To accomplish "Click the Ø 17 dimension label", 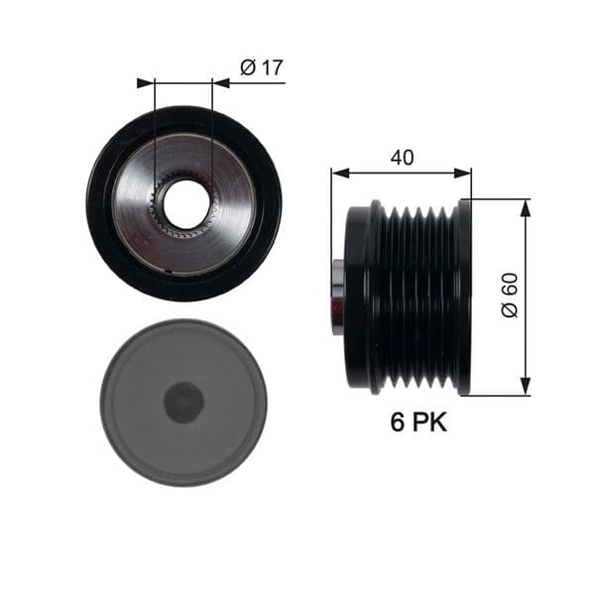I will [x=263, y=67].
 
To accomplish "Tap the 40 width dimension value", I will [x=402, y=157].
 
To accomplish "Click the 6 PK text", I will [x=416, y=422].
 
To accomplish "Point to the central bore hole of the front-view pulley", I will [x=186, y=203].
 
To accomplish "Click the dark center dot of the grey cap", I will [x=183, y=402].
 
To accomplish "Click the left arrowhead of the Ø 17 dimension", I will [x=145, y=83].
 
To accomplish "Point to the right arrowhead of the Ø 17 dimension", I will [x=220, y=83].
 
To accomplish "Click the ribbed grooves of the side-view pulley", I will [x=416, y=297].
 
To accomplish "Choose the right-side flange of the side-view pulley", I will [x=464, y=297].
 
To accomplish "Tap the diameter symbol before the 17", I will [x=248, y=67].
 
